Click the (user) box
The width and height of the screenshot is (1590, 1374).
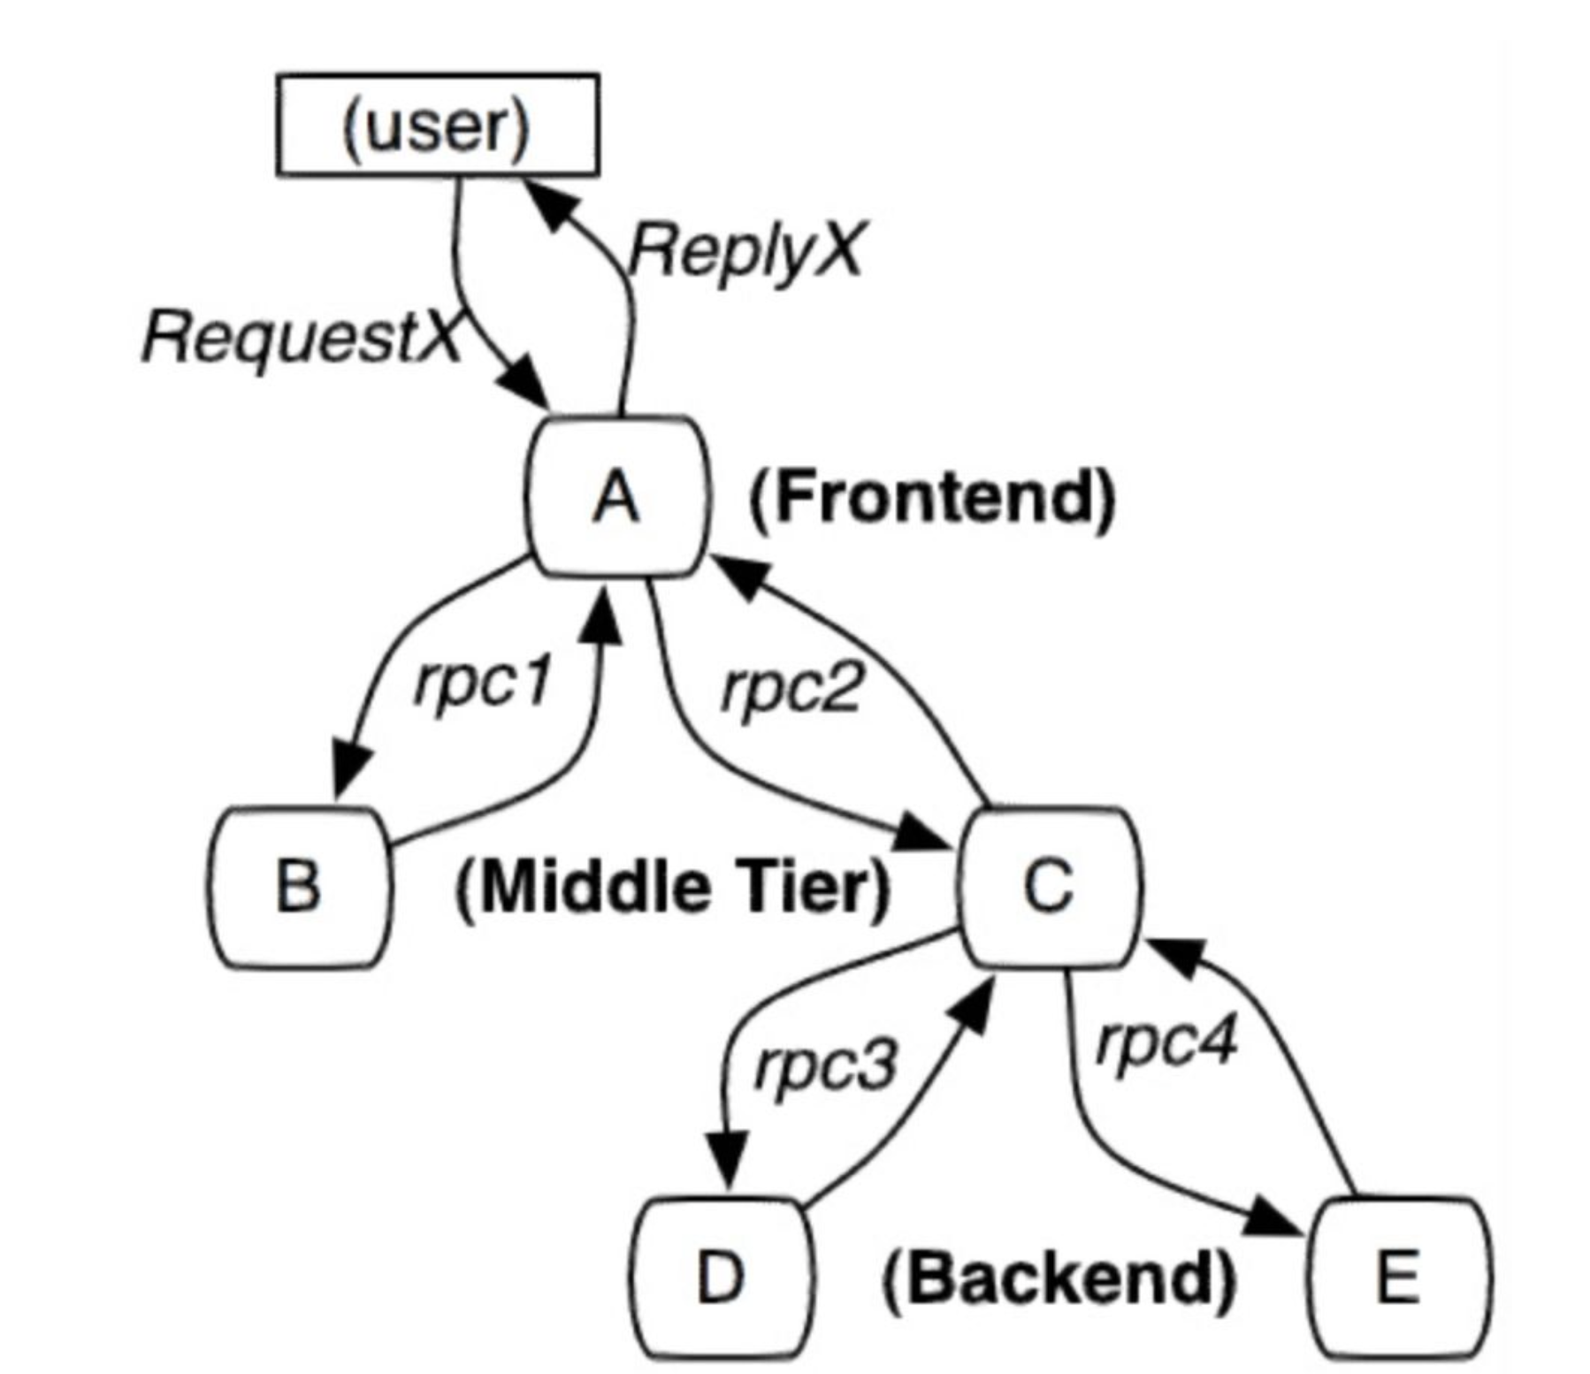[x=438, y=126]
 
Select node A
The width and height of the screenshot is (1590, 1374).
[x=617, y=497]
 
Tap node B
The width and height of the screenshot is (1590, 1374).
[x=299, y=887]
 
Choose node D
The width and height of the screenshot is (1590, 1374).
[x=720, y=1278]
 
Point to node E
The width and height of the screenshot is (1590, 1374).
[x=1398, y=1278]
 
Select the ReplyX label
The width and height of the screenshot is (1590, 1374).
[x=745, y=250]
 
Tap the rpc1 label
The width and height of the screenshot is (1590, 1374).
[x=483, y=683]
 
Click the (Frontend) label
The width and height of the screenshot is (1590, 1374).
[x=932, y=498]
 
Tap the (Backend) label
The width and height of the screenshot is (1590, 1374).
[x=1059, y=1279]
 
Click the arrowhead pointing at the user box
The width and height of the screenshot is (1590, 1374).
[x=550, y=202]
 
